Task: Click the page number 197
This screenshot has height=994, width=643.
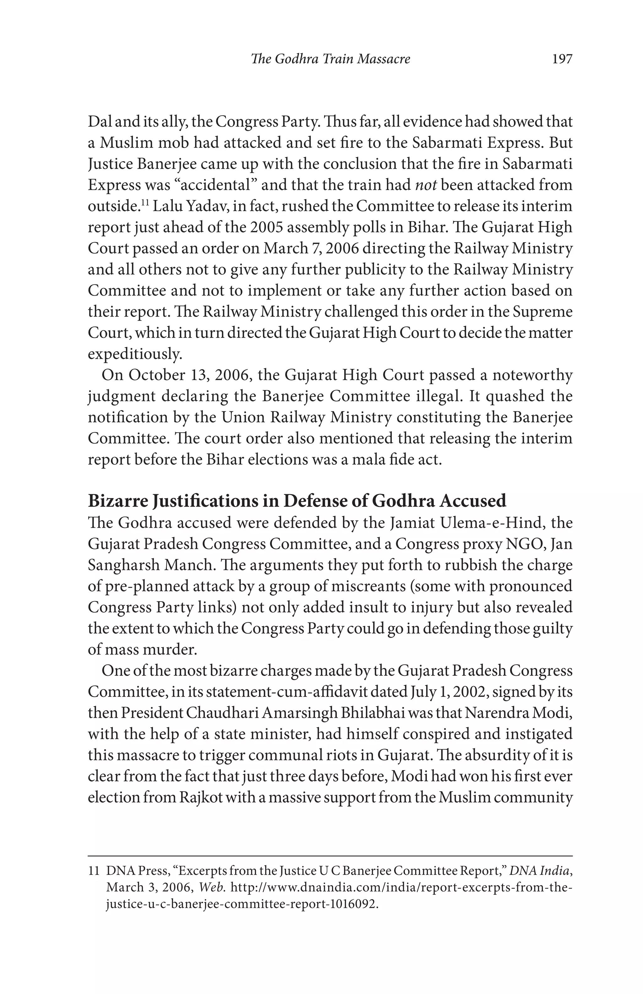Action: pos(562,59)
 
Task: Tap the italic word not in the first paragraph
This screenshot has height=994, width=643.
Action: pos(426,185)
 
